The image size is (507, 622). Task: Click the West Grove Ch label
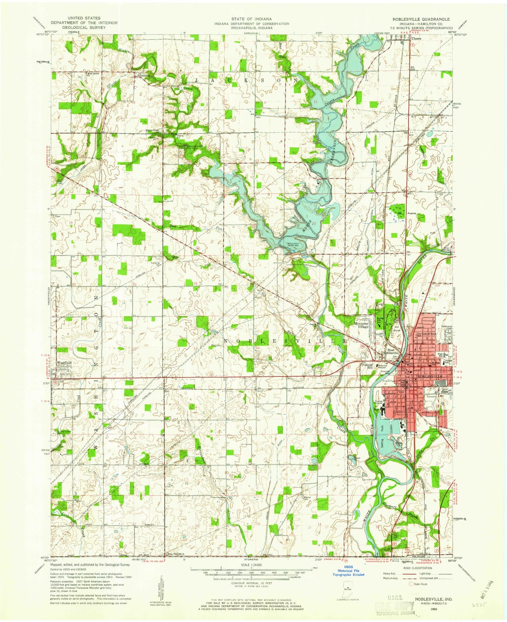point(93,73)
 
